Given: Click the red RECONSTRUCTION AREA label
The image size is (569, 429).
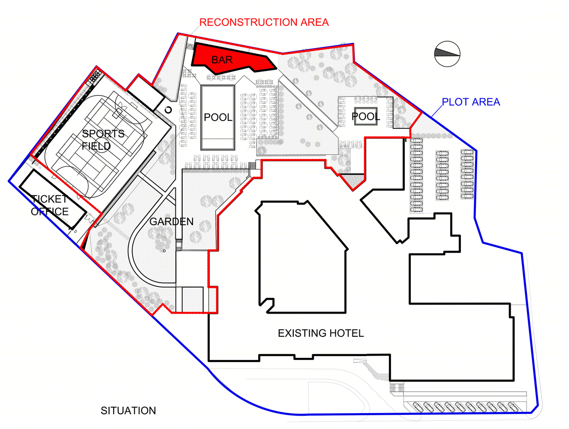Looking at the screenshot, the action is click(264, 22).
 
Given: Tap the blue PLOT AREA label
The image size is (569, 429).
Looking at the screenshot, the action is click(471, 102).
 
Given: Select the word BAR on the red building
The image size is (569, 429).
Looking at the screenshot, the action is click(222, 60).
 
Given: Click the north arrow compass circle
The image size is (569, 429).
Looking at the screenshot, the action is click(447, 54).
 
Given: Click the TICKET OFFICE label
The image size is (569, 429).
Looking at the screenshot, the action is click(49, 205).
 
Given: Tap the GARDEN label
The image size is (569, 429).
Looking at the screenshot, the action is click(172, 221).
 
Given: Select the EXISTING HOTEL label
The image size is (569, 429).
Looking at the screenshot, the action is click(321, 333).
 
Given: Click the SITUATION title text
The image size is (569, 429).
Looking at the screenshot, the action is click(128, 411).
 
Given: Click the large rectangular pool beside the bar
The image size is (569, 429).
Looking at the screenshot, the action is click(218, 118).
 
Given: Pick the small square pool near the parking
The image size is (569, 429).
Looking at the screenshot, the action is click(366, 116).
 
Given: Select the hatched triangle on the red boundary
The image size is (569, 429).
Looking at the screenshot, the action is click(352, 181).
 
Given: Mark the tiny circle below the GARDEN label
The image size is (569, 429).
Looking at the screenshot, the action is click(164, 251).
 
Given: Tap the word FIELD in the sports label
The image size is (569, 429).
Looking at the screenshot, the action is click(96, 146).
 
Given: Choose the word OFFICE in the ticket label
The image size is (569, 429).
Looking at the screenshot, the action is click(49, 211).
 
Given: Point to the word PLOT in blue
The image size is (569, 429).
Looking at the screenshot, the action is click(455, 102).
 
